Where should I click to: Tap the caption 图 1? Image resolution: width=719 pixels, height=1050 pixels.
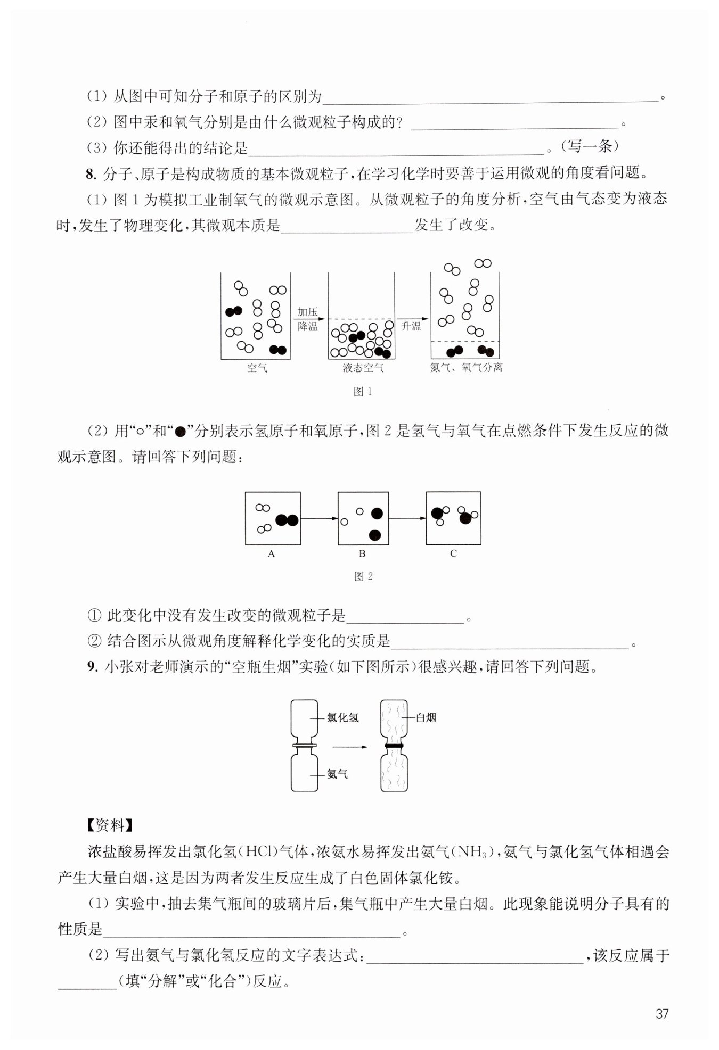click(363, 392)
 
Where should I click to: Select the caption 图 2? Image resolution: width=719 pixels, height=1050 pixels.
click(363, 576)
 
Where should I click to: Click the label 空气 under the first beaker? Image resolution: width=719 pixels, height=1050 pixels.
click(257, 368)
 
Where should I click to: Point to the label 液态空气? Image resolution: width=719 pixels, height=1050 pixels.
click(363, 368)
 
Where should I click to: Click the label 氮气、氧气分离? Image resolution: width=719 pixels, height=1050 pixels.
click(466, 368)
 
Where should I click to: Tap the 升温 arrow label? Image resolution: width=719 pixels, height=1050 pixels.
click(411, 326)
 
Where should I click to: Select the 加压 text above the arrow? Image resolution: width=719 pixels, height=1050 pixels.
click(308, 312)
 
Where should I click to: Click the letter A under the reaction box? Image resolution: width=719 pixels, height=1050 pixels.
click(272, 554)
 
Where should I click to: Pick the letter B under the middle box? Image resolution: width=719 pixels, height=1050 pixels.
click(362, 554)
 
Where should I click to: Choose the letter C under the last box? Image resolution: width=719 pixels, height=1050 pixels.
click(453, 554)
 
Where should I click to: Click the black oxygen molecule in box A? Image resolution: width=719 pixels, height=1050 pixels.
click(287, 520)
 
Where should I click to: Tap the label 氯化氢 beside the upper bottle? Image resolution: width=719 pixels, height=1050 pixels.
click(343, 718)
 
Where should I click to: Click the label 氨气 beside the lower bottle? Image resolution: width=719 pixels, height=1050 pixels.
click(338, 774)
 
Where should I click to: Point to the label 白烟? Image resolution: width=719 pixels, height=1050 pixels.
click(426, 717)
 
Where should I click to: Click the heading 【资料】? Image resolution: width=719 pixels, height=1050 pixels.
click(109, 825)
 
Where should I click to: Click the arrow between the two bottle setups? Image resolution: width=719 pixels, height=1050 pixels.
click(350, 747)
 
